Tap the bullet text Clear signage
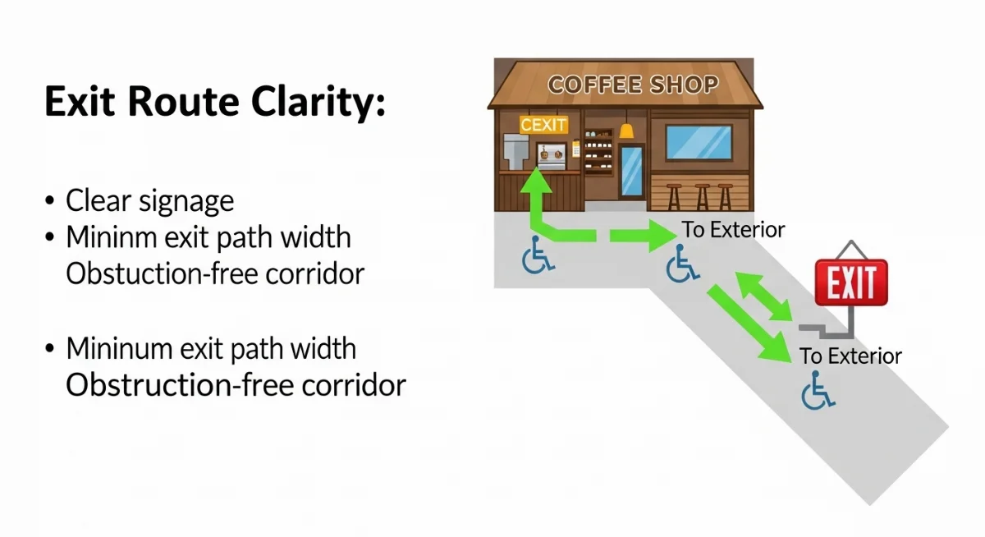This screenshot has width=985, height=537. (149, 200)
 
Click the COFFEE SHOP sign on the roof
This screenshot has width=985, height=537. (632, 85)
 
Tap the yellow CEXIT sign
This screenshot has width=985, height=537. (544, 125)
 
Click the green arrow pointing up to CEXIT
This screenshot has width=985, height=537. (536, 197)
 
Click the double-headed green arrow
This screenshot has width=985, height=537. (764, 297)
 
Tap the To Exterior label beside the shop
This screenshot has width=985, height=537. (734, 230)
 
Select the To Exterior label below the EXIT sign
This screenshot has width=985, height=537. (850, 356)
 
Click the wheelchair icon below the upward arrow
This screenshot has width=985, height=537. (538, 255)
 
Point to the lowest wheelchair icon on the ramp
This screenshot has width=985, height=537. (818, 390)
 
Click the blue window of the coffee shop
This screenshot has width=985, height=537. (698, 141)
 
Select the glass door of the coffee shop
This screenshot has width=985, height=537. (631, 171)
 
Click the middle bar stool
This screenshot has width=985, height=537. (702, 195)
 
